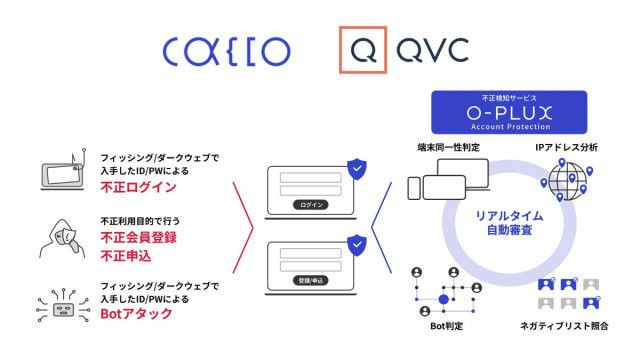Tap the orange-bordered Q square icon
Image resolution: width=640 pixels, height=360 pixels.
(362, 50)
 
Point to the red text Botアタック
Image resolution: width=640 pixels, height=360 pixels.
(136, 314)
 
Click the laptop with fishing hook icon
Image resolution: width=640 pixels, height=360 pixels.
(58, 175)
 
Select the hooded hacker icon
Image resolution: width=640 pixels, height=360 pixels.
(57, 239)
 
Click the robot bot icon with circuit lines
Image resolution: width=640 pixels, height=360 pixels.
(57, 304)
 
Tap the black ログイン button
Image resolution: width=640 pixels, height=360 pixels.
(310, 204)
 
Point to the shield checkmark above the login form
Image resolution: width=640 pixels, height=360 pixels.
(356, 168)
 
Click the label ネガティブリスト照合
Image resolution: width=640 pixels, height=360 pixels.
(567, 327)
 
